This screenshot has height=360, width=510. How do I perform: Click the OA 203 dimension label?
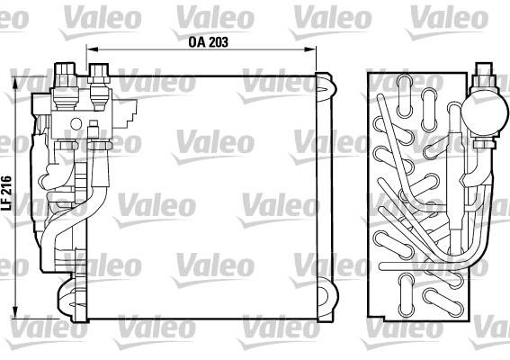208,42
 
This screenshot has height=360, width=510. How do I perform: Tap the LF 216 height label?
7,193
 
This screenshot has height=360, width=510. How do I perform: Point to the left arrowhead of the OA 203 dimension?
93,49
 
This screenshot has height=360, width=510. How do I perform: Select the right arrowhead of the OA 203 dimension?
310,49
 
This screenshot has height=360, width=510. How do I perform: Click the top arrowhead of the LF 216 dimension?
15,83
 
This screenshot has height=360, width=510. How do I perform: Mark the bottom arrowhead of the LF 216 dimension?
15,312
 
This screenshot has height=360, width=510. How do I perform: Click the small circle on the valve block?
76,124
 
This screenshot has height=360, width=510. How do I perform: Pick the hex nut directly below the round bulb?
484,143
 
